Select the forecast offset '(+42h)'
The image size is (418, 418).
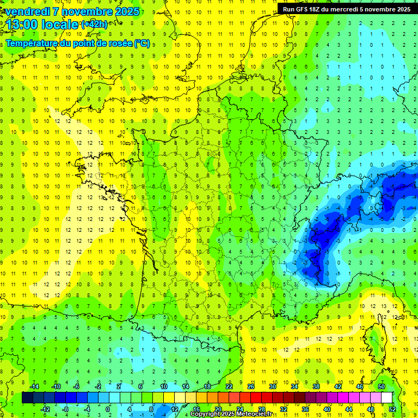pos(94,24)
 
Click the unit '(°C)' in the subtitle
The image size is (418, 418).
pos(142,43)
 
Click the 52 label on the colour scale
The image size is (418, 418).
pos(392,409)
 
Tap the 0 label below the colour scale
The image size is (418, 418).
pos(108,409)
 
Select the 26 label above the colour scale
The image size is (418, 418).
pos(251,386)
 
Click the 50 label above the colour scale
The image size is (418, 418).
pos(382,386)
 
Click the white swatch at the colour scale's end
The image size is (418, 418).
pos(387,398)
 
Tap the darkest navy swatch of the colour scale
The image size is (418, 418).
pos(27,398)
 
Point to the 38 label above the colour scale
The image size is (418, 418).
pos(316,386)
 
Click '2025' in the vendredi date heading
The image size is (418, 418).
pos(123,11)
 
